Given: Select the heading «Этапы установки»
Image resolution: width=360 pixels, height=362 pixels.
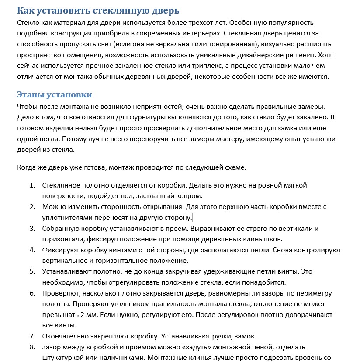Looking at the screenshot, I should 54,94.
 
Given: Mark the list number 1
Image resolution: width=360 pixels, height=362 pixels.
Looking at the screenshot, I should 32,185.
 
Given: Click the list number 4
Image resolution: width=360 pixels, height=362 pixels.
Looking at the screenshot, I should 32,250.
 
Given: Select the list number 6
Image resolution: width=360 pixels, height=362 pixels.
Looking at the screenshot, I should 32,293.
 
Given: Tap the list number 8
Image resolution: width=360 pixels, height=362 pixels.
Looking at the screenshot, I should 32,347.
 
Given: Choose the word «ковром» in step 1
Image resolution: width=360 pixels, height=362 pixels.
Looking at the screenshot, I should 188,196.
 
